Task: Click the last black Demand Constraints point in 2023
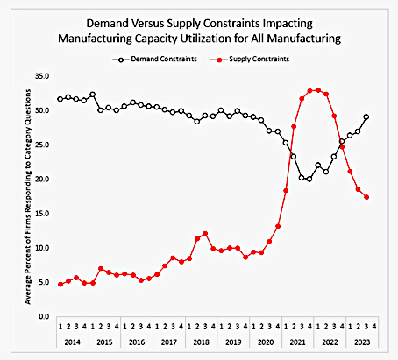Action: coord(366,117)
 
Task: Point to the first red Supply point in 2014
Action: coord(60,284)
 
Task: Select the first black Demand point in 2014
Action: coord(60,99)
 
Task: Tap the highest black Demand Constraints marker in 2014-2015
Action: coord(92,95)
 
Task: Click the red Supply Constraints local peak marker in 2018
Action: coord(204,234)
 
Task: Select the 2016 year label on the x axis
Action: coord(139,342)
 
